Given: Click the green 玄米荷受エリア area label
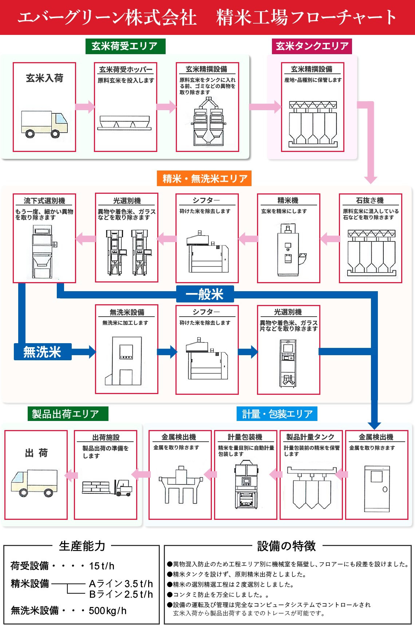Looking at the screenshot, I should (125, 46).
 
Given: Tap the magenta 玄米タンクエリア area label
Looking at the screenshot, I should (312, 46).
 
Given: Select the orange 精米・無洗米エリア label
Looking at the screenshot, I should (205, 178).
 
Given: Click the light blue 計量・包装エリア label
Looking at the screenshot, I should (277, 414).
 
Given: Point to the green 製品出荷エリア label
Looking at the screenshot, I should (68, 414).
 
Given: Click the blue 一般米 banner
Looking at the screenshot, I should (205, 294).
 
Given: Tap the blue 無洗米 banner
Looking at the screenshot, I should (42, 352).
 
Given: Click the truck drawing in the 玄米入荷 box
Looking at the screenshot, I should (44, 124).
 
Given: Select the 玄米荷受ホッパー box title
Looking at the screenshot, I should (126, 69).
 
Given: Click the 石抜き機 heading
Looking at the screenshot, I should (370, 200).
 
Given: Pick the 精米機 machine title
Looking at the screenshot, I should (288, 200).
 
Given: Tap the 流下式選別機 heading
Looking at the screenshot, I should (44, 201).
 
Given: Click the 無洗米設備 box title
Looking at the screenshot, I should (127, 312).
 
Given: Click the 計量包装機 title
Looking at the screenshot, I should (245, 437).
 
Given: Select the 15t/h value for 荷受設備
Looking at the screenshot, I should (102, 566).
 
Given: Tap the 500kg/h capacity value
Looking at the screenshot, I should (108, 611).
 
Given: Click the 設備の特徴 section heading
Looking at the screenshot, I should (286, 546).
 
